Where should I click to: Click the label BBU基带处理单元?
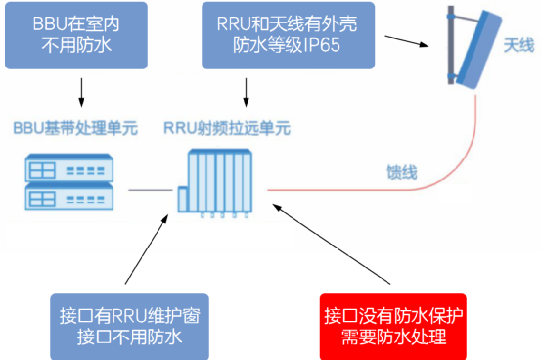[x=74, y=129]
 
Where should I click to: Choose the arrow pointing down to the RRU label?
[x=246, y=92]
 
